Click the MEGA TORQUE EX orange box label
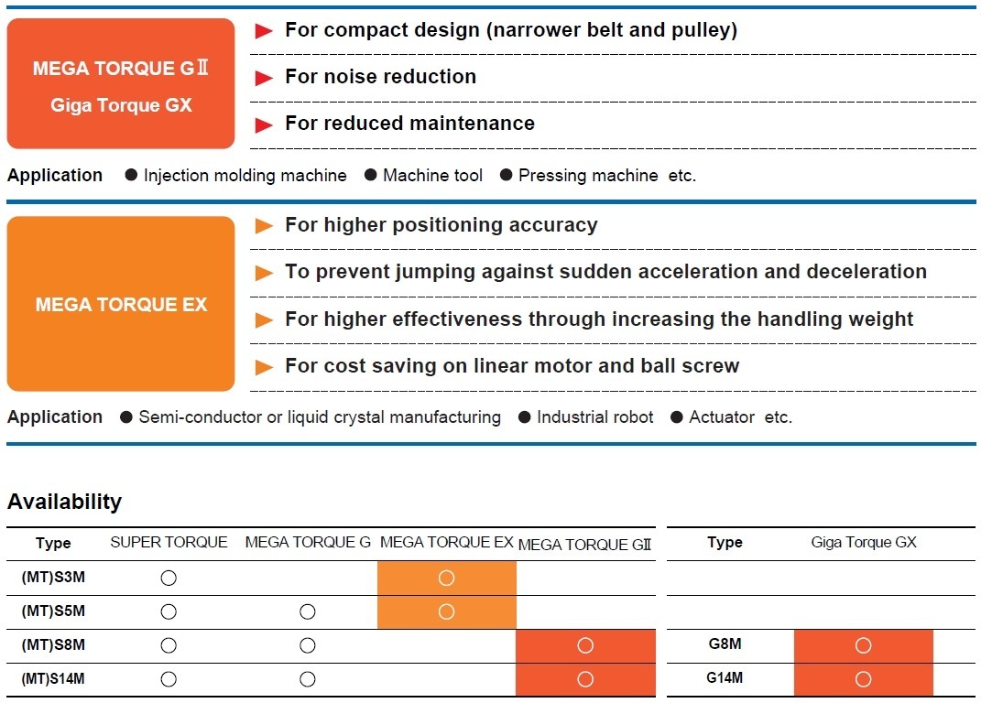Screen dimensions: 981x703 pos(121,305)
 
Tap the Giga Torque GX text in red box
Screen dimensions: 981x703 pos(121,105)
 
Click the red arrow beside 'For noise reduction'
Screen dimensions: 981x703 pos(264,78)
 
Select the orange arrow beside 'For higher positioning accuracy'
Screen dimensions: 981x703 pos(264,226)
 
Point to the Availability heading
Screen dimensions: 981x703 pos(64,502)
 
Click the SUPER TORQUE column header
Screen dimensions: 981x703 pos(169,542)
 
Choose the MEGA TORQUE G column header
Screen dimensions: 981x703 pos(308,542)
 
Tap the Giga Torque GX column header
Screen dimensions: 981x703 pos(864,542)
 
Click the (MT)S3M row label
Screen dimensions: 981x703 pos(53,578)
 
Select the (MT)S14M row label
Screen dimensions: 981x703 pos(53,678)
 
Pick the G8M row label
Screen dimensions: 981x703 pos(725,644)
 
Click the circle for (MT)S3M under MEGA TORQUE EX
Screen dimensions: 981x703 pos(447,578)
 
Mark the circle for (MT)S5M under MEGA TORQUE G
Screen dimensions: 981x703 pos(307,611)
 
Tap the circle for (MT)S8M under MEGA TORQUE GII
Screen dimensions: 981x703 pos(585,645)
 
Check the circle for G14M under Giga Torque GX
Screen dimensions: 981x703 pos(864,679)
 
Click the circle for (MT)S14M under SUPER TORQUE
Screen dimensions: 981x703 pos(169,679)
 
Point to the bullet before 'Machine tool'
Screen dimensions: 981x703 pos(370,175)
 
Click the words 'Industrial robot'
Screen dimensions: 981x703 pos(595,417)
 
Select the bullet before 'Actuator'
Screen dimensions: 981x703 pos(676,417)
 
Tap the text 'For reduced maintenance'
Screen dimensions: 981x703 pos(409,124)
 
